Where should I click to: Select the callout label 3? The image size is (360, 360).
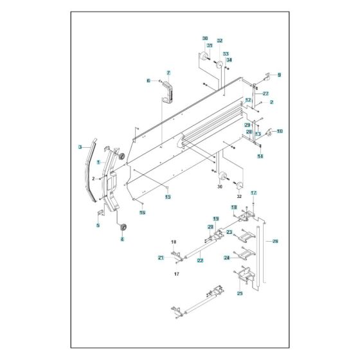(80, 147)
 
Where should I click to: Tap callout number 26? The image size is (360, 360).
(276, 241)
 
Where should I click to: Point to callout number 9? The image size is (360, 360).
(279, 75)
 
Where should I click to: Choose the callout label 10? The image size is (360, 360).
(280, 131)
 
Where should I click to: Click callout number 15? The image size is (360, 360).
(167, 196)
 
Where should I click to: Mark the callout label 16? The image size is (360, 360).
(143, 212)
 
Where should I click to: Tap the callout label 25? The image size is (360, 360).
(240, 293)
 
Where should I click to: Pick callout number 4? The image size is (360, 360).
(122, 240)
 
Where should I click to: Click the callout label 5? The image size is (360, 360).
(98, 225)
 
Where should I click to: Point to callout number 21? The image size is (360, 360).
(161, 258)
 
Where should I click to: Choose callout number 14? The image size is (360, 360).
(260, 156)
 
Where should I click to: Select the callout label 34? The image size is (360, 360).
(229, 60)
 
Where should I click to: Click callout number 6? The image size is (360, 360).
(148, 80)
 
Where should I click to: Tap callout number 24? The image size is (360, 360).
(226, 258)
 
